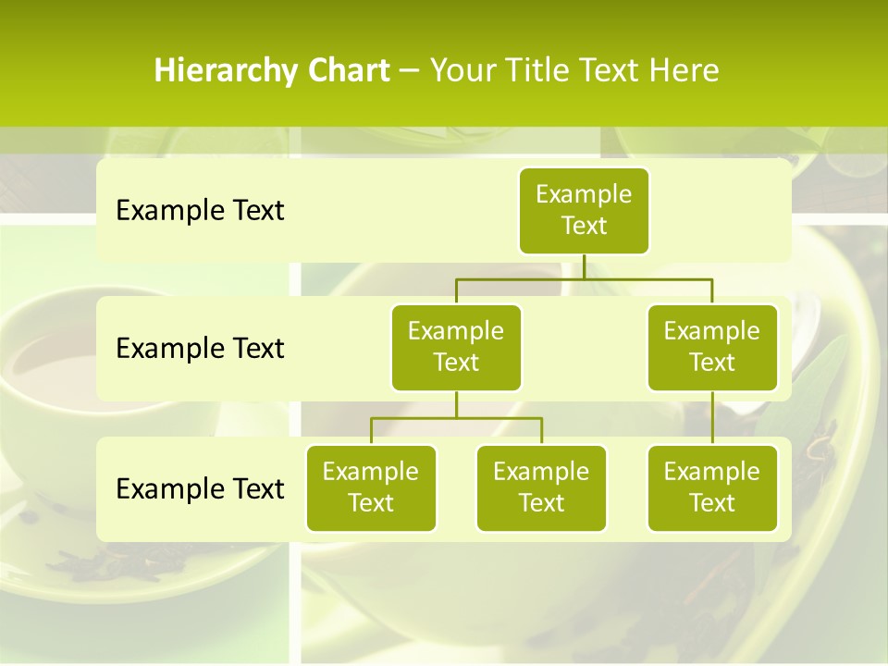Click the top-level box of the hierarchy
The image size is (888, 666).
(584, 210)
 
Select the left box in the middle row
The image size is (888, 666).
(456, 347)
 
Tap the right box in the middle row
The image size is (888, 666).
(712, 347)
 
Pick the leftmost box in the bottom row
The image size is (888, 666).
(371, 487)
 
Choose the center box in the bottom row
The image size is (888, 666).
(541, 487)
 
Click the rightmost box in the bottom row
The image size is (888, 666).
(712, 487)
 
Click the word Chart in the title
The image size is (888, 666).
(349, 70)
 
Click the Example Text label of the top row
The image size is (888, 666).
(200, 211)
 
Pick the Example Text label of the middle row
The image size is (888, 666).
(200, 349)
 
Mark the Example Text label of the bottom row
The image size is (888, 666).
(200, 488)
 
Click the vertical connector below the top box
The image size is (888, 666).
(584, 266)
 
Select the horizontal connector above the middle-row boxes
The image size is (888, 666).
(584, 278)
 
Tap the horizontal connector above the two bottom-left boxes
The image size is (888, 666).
(456, 418)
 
